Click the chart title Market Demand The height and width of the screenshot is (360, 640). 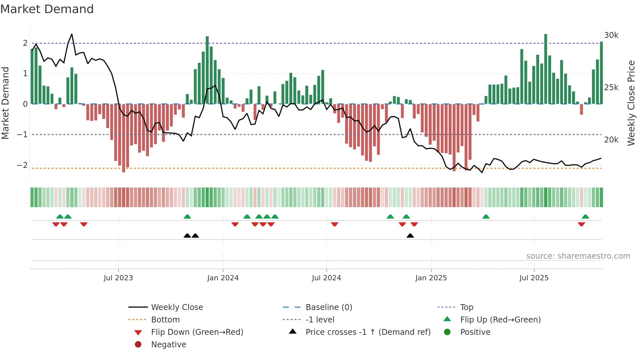tap(47, 9)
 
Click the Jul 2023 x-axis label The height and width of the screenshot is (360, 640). tap(118, 278)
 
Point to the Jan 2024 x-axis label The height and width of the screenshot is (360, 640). tap(223, 278)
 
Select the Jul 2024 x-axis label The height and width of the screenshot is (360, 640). tap(326, 278)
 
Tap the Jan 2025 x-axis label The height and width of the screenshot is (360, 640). tap(431, 278)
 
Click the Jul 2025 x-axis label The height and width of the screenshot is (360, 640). tap(534, 278)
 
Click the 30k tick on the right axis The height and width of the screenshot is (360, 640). tap(611, 35)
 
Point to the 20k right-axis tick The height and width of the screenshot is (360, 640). tap(611, 140)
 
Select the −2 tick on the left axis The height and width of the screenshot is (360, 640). tap(22, 165)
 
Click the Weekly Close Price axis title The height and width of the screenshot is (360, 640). tap(631, 103)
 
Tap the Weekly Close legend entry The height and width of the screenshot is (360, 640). tap(177, 307)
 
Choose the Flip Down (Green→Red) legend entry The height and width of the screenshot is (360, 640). tap(197, 332)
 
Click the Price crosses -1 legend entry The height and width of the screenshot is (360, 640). tap(368, 332)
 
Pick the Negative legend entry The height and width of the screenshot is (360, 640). tap(168, 345)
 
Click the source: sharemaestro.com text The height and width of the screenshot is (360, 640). tap(578, 256)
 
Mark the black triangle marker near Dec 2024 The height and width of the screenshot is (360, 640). tap(410, 236)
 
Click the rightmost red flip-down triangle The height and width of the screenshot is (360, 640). tap(581, 224)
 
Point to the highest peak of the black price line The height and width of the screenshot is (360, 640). tap(72, 34)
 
